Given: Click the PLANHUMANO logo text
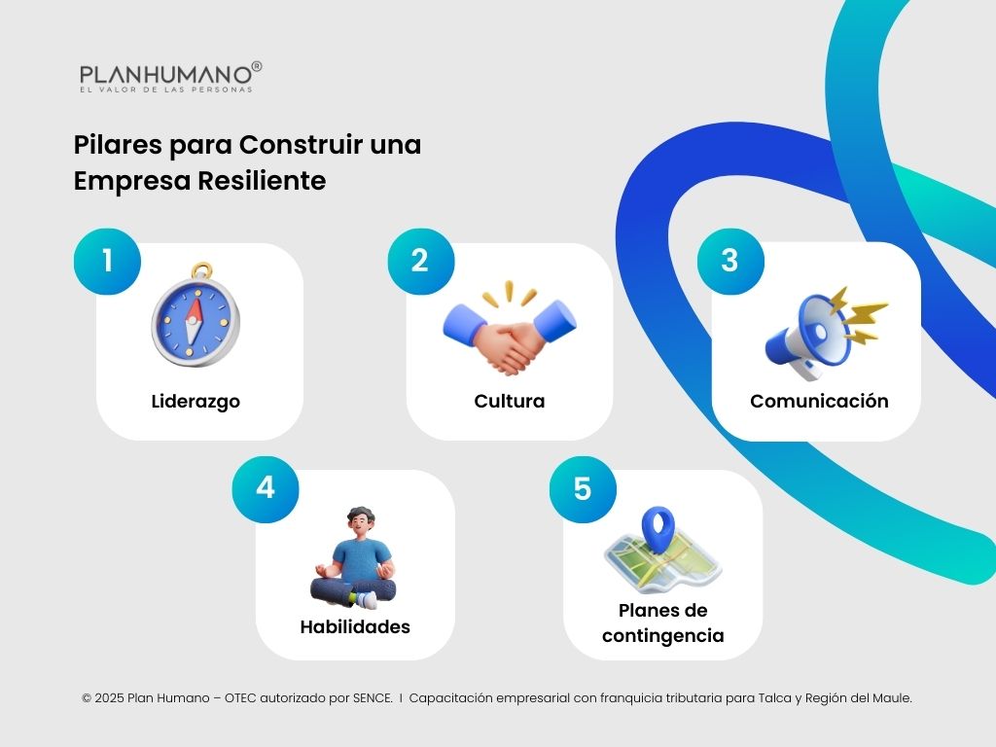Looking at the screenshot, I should (165, 75).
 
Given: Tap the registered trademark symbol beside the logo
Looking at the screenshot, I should (257, 66).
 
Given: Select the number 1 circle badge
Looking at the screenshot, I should (107, 261).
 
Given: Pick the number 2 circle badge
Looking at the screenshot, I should (420, 261).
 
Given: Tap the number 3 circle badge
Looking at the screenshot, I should (729, 261).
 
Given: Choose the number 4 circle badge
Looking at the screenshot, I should (265, 487).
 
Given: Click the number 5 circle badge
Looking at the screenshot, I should (582, 488).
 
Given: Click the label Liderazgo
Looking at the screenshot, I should (196, 401).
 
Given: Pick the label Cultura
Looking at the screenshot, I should (509, 401).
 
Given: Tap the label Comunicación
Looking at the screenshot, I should (819, 401).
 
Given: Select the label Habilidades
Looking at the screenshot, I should (355, 626).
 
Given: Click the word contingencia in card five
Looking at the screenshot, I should (662, 636).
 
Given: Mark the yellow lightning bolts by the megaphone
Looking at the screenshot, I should (862, 313).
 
